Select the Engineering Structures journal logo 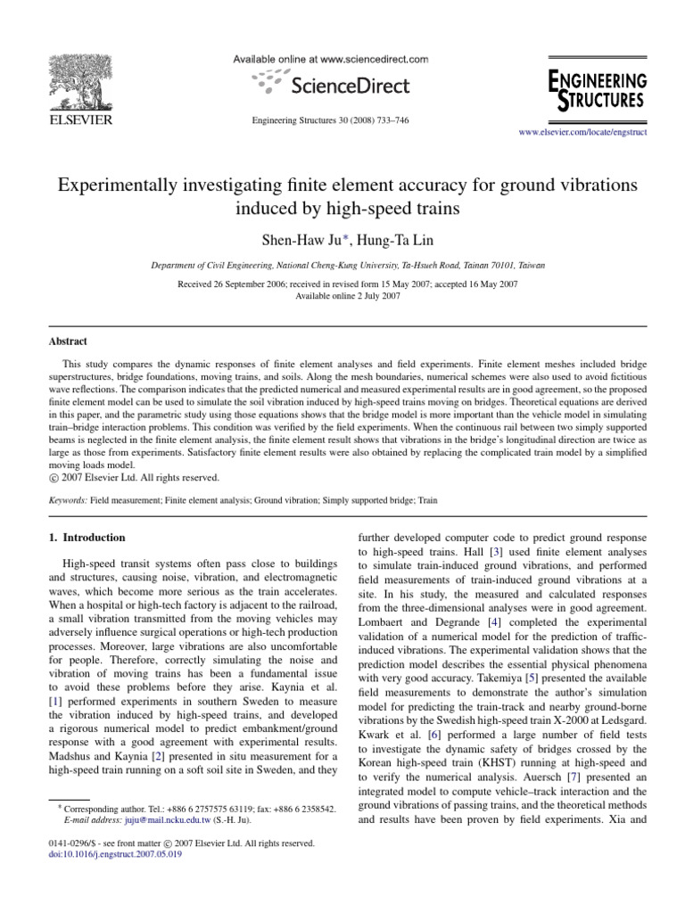point(597,89)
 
